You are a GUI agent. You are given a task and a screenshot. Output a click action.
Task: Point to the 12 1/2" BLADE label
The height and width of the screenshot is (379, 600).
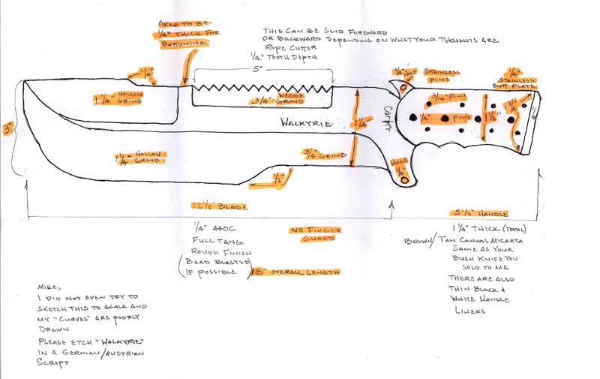[x=220, y=206]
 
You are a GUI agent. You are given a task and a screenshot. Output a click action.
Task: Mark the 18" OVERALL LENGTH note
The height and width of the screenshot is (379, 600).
[x=285, y=272]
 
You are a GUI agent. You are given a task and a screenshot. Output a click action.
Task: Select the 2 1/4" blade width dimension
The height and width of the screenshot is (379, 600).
[x=360, y=124]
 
